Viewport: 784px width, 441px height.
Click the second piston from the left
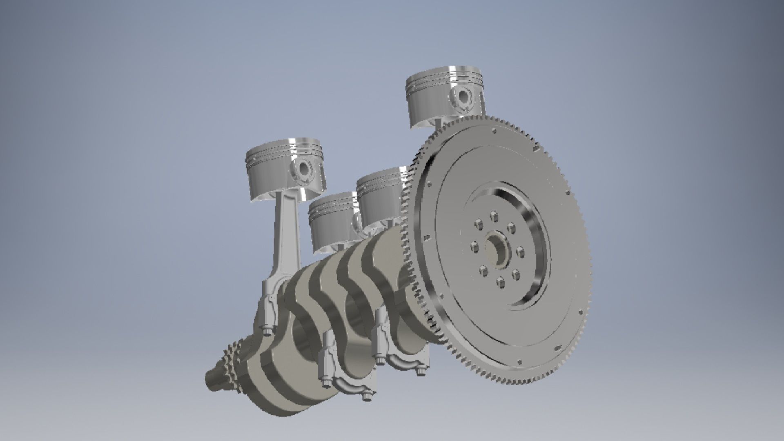point(333,223)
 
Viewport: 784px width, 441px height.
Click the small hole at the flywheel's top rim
point(494,131)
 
